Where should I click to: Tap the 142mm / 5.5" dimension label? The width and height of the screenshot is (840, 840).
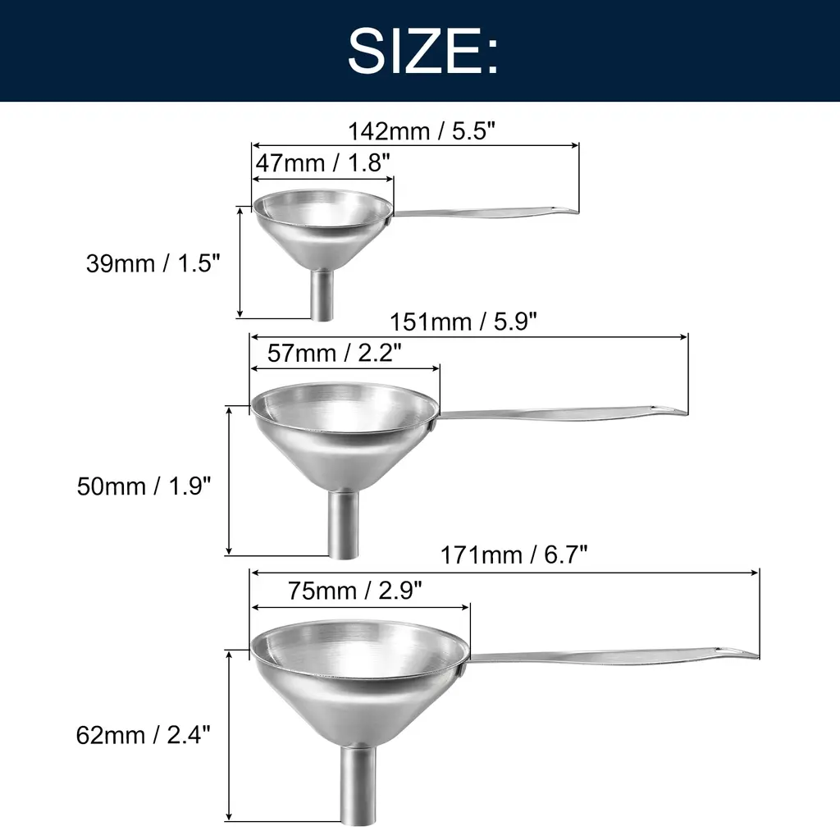click(x=422, y=130)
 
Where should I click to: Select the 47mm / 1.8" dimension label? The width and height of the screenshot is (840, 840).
click(x=322, y=162)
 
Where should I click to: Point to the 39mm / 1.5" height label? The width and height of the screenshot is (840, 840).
click(x=153, y=263)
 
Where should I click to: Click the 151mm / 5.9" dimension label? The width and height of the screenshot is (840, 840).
click(x=463, y=322)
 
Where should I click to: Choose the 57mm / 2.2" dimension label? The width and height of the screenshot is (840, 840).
click(x=335, y=353)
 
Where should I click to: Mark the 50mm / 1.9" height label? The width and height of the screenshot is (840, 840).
click(x=144, y=486)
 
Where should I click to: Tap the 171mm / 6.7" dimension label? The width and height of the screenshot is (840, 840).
click(x=514, y=555)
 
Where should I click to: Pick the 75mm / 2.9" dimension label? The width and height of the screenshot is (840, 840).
click(x=354, y=591)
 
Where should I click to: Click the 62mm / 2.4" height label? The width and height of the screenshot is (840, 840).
click(x=143, y=734)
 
